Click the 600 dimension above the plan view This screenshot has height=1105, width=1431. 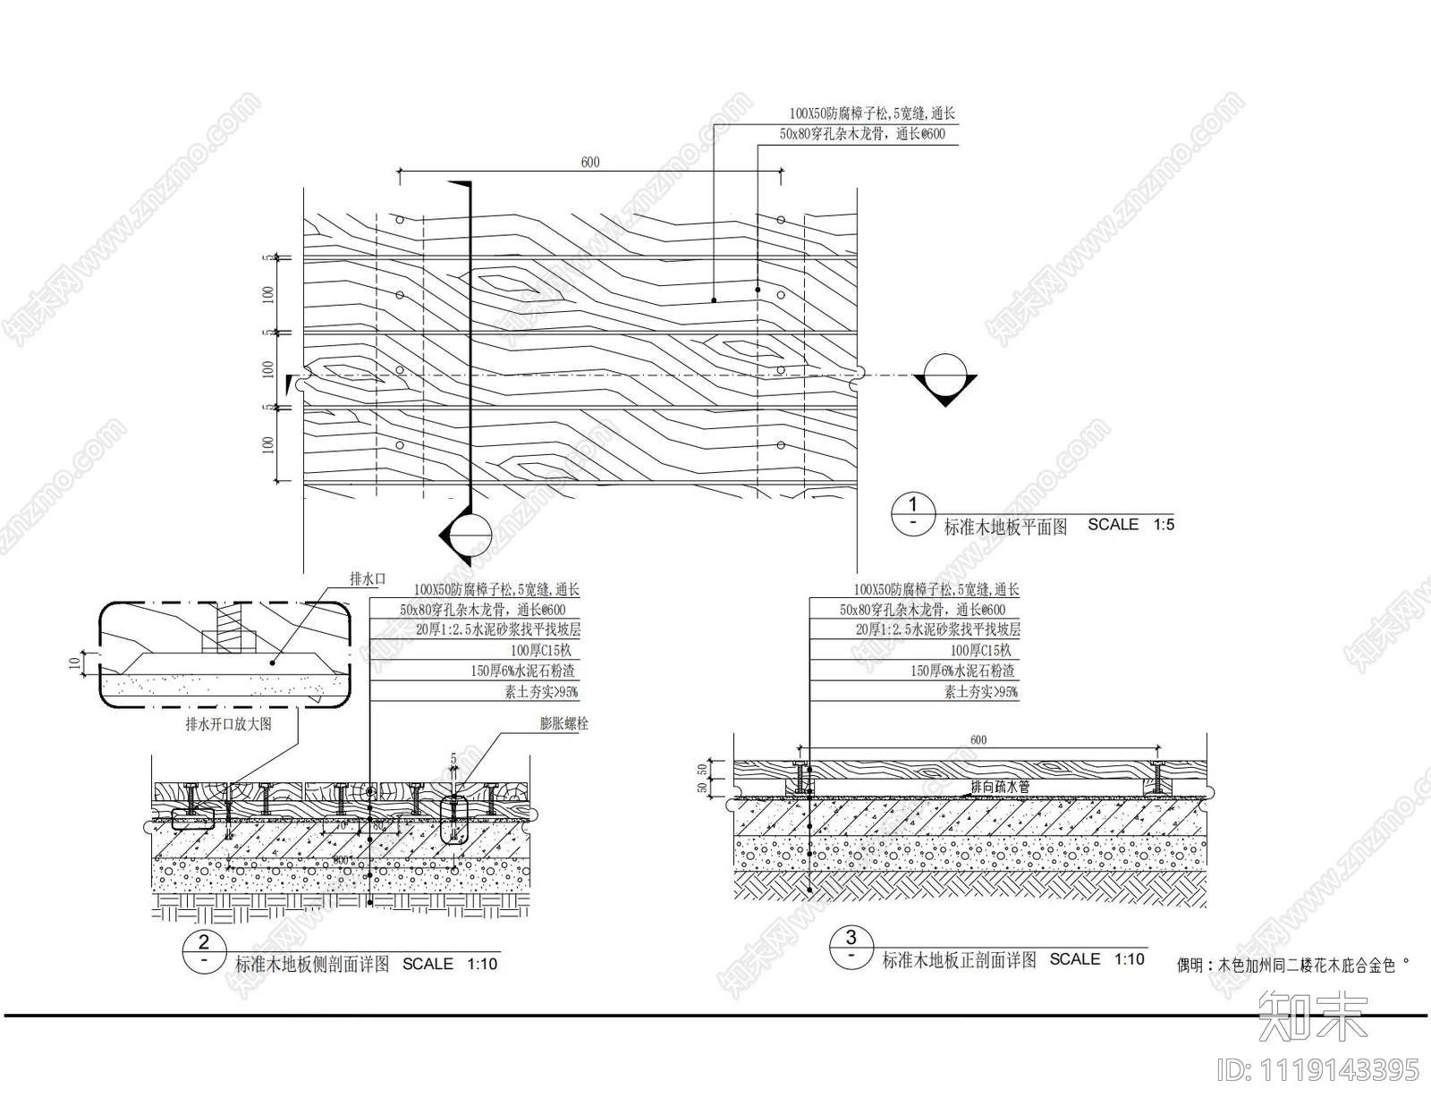point(590,162)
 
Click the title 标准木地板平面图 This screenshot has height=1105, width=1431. point(1005,527)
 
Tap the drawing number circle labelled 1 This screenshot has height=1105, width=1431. point(913,513)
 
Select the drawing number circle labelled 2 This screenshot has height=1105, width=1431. point(204,950)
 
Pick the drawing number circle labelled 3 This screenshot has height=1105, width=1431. point(851,946)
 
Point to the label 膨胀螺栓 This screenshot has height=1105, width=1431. point(563,724)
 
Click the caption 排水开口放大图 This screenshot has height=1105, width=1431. point(228,724)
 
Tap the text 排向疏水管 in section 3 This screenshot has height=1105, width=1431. point(1001,787)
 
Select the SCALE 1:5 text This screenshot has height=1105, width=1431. point(1130,525)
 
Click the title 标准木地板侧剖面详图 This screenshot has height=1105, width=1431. point(312,965)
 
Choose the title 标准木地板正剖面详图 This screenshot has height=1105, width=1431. point(959,961)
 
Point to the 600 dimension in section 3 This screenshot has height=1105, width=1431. point(978,739)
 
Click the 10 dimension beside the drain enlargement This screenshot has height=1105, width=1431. point(72,662)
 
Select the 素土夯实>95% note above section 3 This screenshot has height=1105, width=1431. point(981,692)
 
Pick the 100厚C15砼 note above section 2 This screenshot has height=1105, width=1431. point(541,651)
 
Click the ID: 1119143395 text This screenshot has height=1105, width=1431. point(1318,1069)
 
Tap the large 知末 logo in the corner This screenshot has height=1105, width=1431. point(1312,1015)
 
